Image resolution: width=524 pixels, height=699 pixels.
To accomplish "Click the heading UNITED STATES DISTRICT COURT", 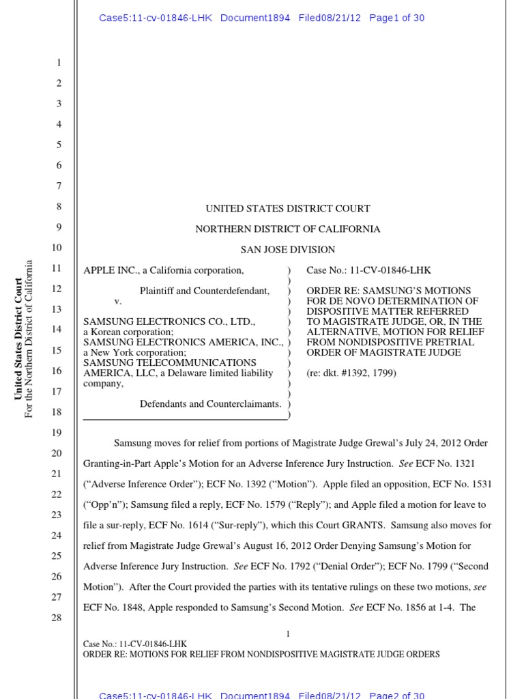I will coord(288,209).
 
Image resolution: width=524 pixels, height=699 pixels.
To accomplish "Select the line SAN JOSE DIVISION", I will coord(287,250).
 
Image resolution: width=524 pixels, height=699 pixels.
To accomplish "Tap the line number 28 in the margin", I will coord(57,618).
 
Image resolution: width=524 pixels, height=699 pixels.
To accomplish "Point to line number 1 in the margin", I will coord(59,63).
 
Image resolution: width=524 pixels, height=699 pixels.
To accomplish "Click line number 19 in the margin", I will coord(57,433).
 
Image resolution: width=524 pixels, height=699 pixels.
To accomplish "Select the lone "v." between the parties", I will coord(118,301).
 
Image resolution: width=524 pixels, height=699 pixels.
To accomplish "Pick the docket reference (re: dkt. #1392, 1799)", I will coord(351,373).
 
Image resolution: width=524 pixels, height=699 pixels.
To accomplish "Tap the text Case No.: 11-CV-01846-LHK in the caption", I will coord(368,270).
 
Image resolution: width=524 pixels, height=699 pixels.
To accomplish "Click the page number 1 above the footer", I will coord(288,634).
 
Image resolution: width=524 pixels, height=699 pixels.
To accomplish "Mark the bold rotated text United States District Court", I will coord(18,339).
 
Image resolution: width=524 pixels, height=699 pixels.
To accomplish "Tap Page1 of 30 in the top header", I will coord(396,18).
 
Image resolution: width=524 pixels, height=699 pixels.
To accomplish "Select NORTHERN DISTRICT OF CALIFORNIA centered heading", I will coord(288,229).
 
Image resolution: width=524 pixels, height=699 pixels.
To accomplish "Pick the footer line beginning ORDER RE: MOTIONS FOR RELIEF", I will coord(261,655).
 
